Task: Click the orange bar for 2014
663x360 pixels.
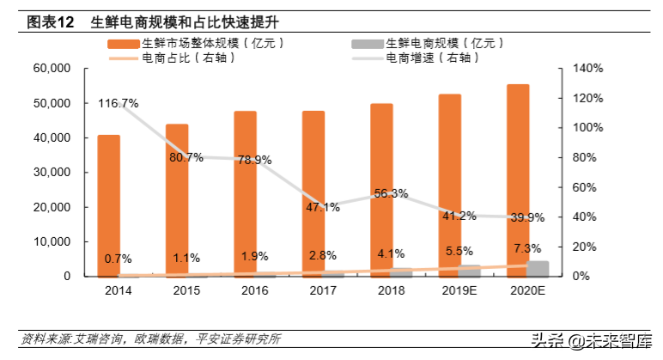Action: (108, 205)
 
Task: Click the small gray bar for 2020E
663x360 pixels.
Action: (538, 268)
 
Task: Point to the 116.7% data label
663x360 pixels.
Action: (119, 104)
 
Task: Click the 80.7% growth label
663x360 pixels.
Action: (186, 157)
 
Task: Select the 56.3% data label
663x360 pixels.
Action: (391, 193)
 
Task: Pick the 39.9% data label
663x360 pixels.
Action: (527, 217)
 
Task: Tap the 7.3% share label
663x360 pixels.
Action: (527, 247)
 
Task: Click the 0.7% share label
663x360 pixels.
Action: (119, 258)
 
